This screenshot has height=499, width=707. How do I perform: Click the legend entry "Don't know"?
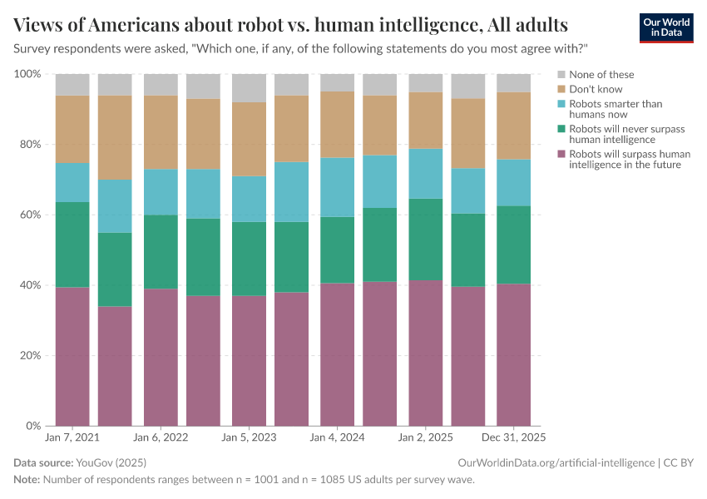pos(596,89)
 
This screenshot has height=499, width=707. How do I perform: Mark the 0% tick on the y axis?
pos(33,426)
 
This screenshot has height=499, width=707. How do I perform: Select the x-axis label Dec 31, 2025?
pos(512,437)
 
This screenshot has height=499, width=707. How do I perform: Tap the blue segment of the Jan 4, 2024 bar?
pos(337,187)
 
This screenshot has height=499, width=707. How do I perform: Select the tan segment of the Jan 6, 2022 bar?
pos(161,132)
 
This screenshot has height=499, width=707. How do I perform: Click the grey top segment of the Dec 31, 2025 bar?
pos(513,83)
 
